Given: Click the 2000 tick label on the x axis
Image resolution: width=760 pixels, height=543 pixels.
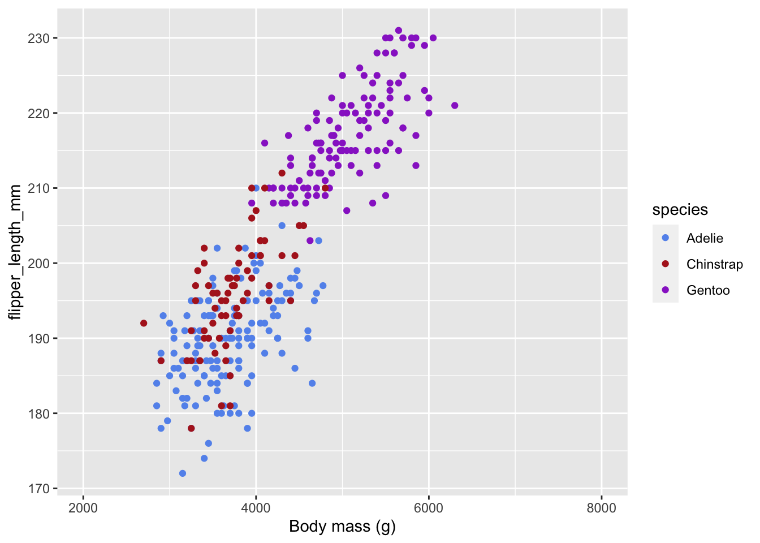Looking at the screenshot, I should (x=83, y=507).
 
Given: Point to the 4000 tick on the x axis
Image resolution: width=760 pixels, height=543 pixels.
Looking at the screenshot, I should (x=256, y=507).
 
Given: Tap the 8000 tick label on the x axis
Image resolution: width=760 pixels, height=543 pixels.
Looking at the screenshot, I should (x=602, y=507).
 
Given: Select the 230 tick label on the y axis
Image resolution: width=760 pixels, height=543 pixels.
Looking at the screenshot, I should (x=38, y=38).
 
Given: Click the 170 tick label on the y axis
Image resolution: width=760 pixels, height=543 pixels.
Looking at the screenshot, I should (x=38, y=489).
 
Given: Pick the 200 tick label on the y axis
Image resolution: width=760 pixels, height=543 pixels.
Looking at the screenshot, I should (x=38, y=264).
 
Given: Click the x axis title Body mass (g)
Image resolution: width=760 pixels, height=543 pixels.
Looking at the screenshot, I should (x=342, y=527).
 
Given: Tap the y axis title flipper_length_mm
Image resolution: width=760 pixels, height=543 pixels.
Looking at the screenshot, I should (x=15, y=252).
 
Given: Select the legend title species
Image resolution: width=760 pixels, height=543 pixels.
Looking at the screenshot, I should (x=680, y=210).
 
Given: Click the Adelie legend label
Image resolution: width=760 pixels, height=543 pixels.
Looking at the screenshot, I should (x=705, y=238).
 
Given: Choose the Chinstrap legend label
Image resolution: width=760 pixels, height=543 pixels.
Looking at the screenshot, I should (x=714, y=264).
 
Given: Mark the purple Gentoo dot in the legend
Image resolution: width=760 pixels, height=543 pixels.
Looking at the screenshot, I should (x=666, y=290).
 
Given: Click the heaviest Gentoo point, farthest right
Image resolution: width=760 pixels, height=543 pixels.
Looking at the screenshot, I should (x=455, y=106).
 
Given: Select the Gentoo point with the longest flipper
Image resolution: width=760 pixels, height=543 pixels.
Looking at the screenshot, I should (x=399, y=31).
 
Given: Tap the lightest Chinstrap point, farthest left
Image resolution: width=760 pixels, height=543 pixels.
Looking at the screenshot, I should (x=144, y=324).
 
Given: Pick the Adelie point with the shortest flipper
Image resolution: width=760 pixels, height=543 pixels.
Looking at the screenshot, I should (x=183, y=473).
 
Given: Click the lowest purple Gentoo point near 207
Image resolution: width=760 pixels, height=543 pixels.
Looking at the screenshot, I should (x=347, y=211).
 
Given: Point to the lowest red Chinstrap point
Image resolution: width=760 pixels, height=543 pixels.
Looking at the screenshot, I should (x=191, y=428).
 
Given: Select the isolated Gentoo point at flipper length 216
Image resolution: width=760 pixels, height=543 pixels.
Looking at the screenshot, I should (x=265, y=143).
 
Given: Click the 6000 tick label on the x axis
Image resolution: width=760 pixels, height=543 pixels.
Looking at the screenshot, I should (x=429, y=507).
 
